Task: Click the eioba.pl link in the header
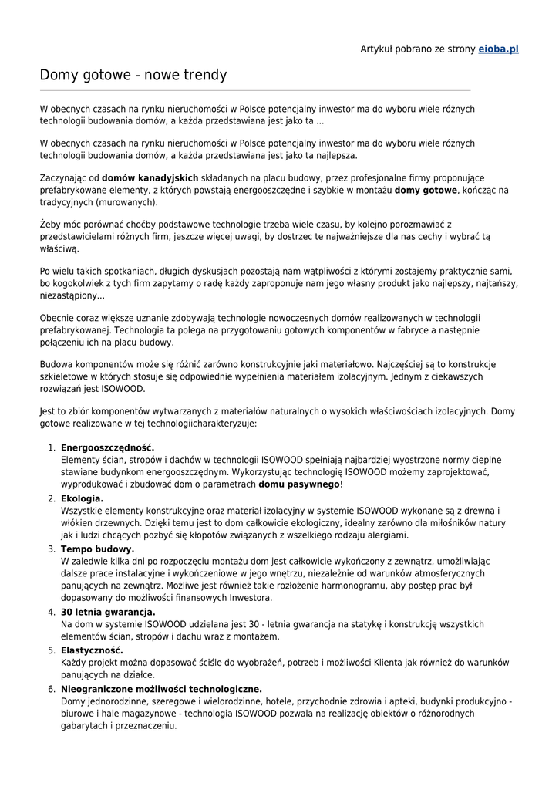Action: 498,49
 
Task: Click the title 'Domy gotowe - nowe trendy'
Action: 133,76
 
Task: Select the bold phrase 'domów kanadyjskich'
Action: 150,177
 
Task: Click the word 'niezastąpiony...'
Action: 72,296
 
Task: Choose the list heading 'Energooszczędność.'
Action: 107,447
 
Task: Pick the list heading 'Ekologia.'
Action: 82,498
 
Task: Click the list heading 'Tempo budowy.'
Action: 97,549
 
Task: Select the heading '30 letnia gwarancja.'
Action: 108,612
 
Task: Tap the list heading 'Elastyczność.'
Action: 92,650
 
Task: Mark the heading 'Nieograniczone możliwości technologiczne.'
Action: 161,689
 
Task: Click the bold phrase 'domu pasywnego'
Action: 299,484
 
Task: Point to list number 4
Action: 50,612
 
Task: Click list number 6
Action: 50,689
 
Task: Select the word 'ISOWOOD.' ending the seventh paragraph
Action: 123,389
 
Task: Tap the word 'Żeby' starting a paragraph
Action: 50,225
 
